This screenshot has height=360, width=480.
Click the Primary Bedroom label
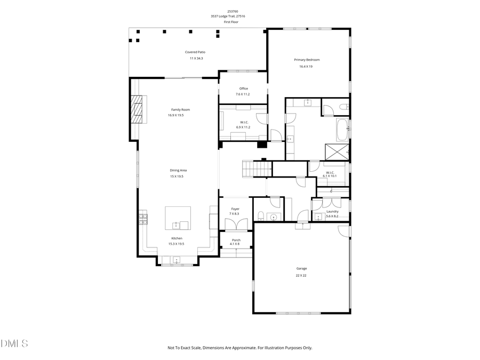[307, 60]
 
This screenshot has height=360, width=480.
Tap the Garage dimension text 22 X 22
[301, 276]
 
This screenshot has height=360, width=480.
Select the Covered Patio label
[195, 52]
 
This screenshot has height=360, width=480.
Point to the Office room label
[243, 89]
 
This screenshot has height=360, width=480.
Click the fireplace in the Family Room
[138, 109]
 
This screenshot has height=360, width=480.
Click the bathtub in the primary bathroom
[342, 129]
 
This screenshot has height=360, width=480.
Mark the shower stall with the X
[338, 151]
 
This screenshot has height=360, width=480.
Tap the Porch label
[236, 240]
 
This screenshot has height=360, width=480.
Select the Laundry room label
[332, 211]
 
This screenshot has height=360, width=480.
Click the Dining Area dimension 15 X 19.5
[177, 176]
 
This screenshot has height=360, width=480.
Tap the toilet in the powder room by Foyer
[260, 215]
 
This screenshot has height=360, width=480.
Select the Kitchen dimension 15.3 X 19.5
[177, 244]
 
